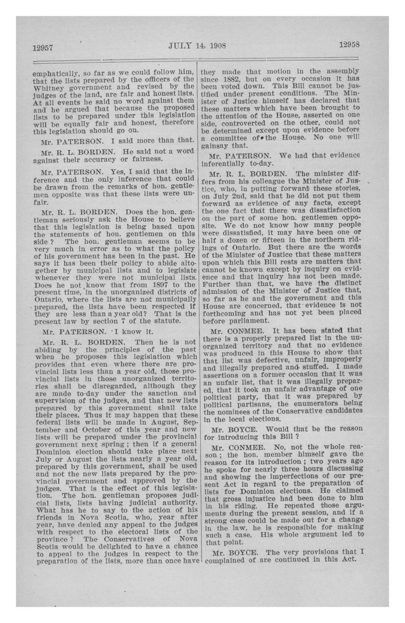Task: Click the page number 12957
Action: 43,48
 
